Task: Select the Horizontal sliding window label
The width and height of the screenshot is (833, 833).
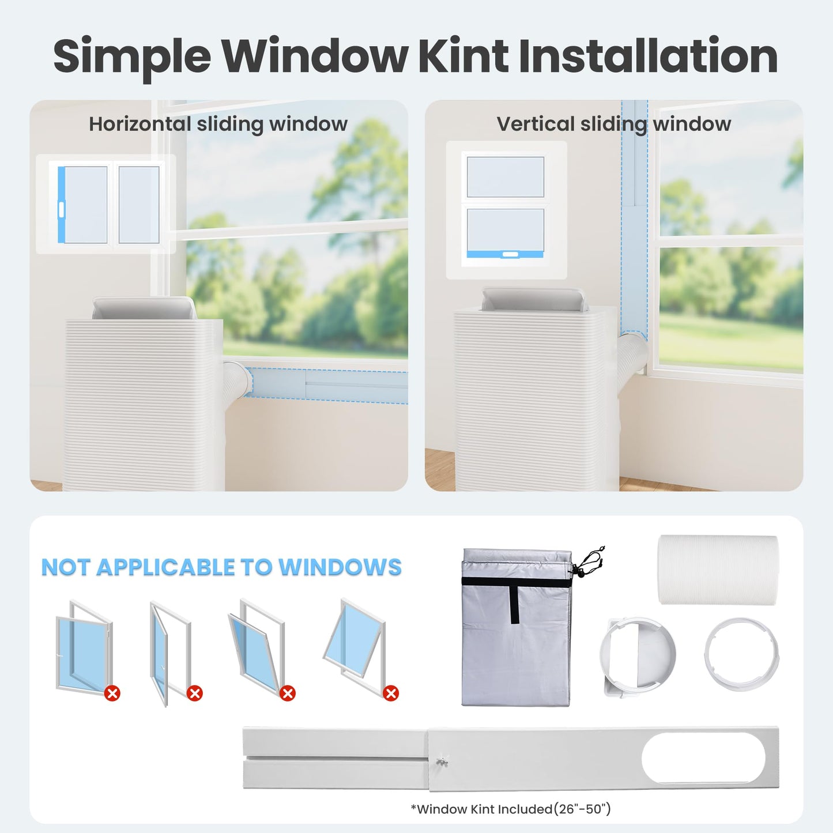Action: [218, 124]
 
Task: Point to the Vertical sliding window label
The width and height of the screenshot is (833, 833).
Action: [614, 124]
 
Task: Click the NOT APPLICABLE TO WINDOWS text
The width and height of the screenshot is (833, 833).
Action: [221, 567]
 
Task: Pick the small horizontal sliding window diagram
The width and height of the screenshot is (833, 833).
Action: [106, 203]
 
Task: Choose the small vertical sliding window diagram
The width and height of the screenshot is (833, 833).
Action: [506, 210]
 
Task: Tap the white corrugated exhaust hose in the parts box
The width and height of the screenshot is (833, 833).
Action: [718, 570]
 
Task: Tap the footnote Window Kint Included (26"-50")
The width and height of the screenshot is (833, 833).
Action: [511, 809]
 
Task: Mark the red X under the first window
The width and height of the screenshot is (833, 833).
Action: [112, 694]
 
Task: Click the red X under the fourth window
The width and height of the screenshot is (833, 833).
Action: [391, 694]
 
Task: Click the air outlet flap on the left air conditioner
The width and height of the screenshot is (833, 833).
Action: [144, 308]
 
